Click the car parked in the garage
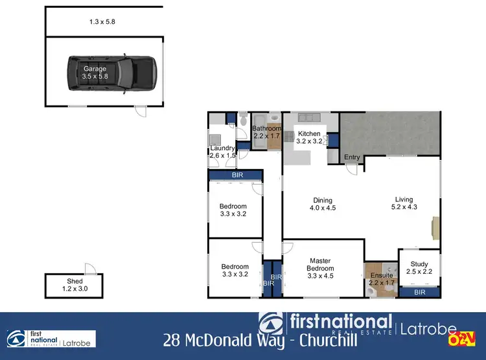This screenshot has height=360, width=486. [111, 71]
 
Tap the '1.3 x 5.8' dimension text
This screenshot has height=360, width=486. [102, 22]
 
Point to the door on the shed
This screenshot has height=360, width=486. [89, 269]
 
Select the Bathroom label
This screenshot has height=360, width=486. [266, 132]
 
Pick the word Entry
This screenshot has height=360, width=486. [352, 157]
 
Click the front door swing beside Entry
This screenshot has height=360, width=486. [353, 168]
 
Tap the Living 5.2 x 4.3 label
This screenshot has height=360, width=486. [404, 203]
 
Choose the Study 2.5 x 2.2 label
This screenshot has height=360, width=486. [419, 267]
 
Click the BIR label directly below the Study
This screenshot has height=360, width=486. [419, 293]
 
